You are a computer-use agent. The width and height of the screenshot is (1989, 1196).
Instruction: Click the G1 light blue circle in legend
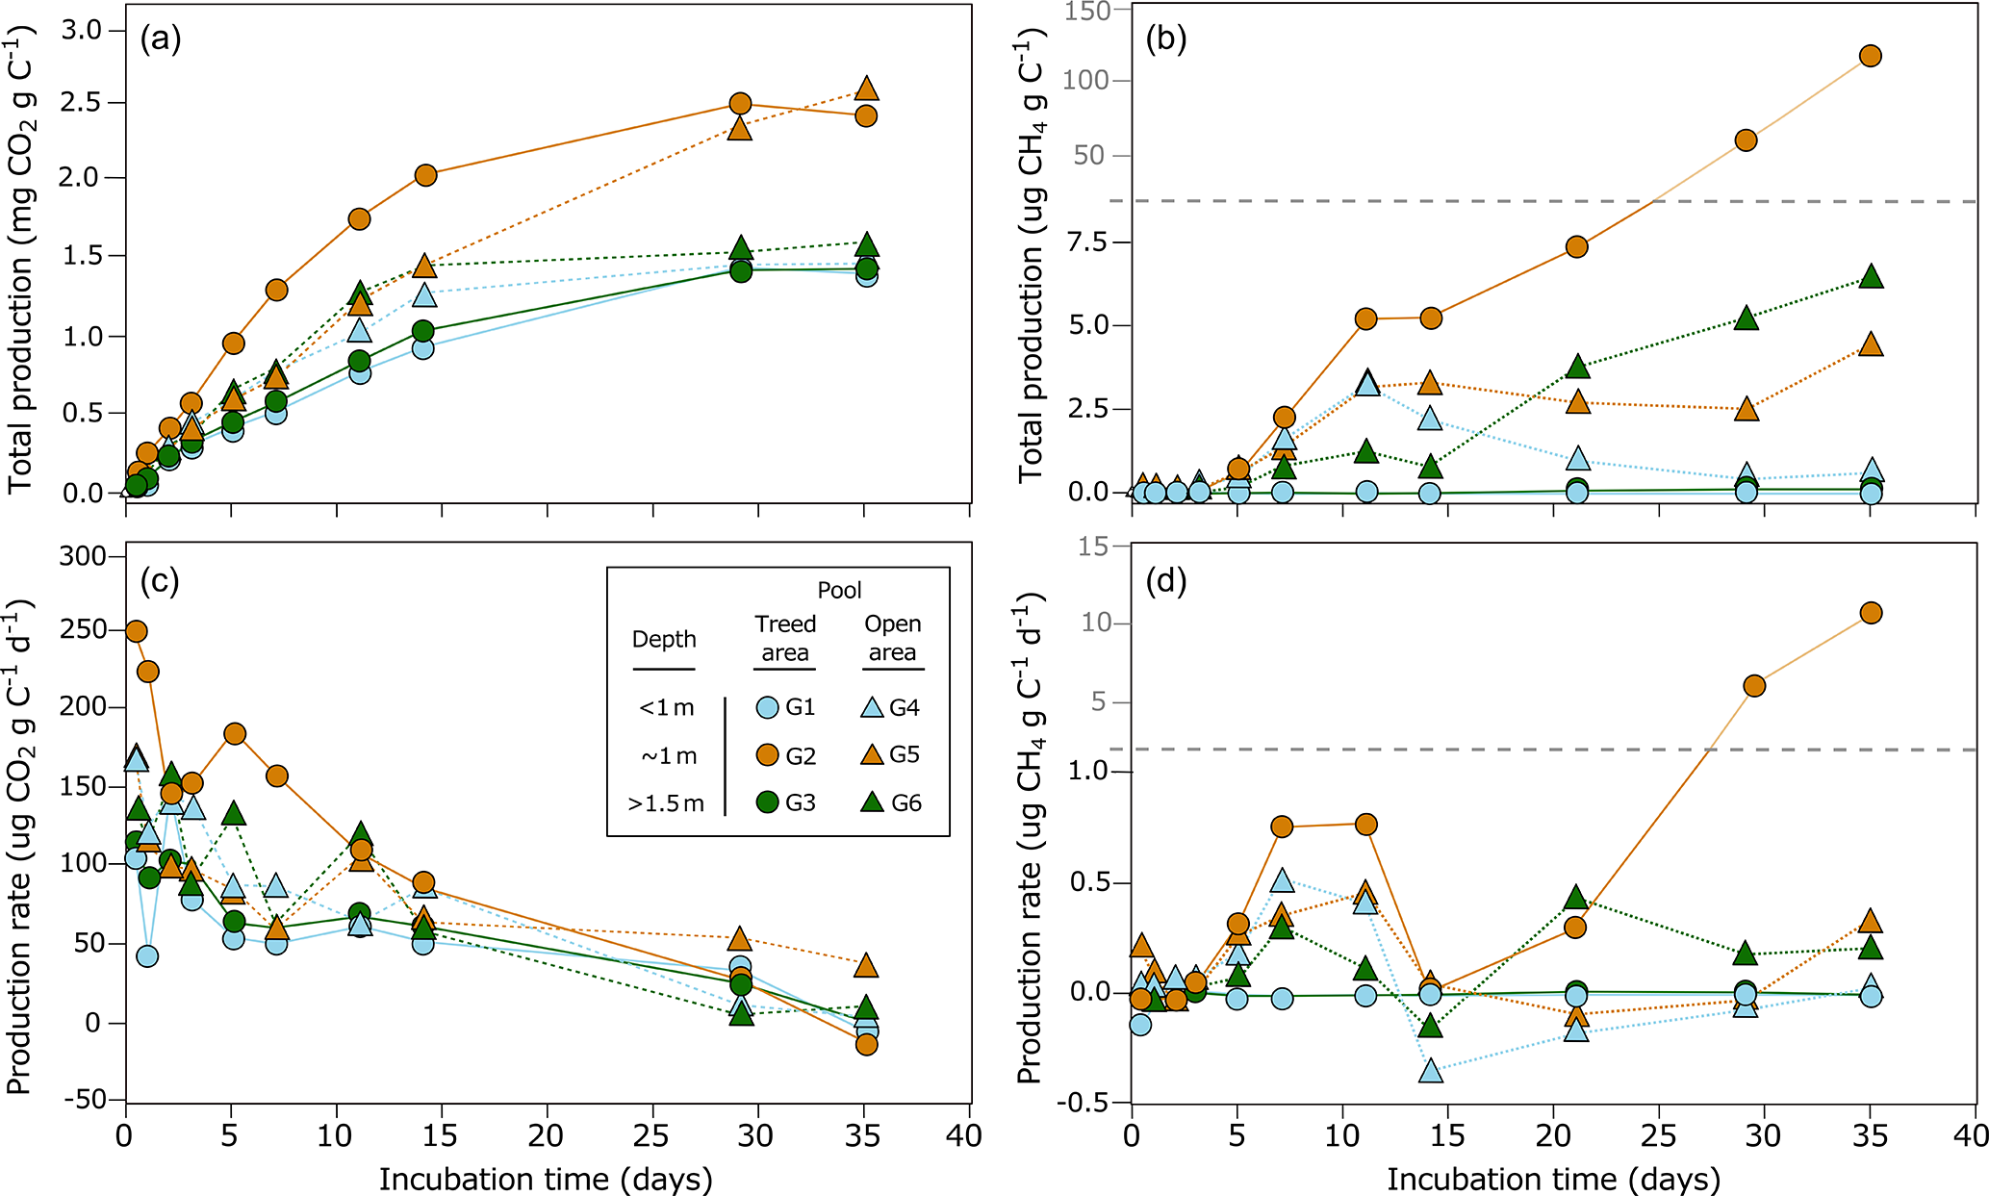767,708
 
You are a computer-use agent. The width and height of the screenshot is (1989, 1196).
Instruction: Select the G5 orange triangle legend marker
872,755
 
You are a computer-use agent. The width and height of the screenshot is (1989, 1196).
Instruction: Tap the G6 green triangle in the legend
872,802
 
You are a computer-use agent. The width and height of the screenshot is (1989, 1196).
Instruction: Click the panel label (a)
160,39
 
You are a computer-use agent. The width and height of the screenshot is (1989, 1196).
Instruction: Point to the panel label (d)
1165,581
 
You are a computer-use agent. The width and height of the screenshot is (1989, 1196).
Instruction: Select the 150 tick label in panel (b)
1089,11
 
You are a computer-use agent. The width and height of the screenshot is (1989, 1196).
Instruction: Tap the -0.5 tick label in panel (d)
1084,1103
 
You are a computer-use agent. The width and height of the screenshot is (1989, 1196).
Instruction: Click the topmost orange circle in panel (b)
1870,56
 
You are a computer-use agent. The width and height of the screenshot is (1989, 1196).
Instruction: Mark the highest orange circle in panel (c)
137,631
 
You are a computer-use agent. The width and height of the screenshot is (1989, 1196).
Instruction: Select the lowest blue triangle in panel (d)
1431,1071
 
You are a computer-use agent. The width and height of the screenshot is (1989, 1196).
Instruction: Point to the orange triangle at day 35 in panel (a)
866,89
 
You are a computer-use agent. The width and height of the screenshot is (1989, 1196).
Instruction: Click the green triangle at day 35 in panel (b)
1870,277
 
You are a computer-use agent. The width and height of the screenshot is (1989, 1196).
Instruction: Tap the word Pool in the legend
839,590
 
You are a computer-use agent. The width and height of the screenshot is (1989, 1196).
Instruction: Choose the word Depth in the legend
664,640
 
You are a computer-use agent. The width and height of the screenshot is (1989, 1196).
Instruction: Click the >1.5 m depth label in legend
665,803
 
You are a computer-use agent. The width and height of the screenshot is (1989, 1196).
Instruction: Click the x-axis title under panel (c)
546,1179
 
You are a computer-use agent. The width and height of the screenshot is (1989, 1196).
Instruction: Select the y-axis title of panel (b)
1031,255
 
